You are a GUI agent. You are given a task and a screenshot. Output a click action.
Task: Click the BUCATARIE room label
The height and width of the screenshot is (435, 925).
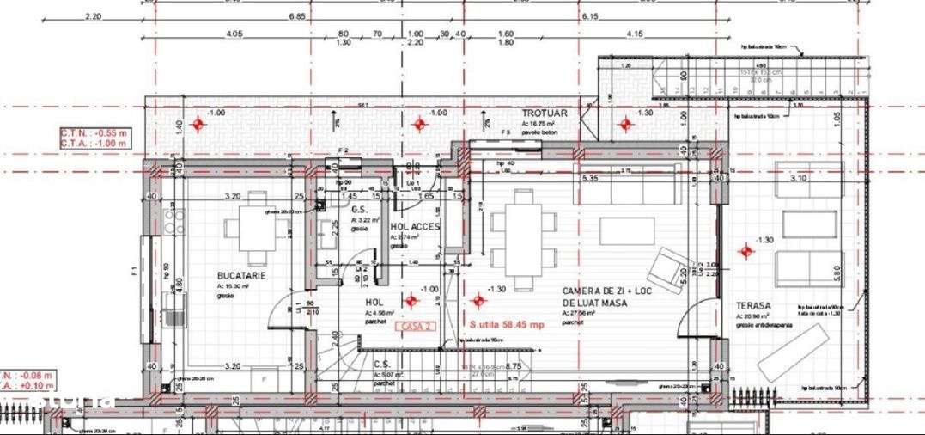pos(241,275)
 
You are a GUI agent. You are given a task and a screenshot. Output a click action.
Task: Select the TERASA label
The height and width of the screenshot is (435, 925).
pos(753,305)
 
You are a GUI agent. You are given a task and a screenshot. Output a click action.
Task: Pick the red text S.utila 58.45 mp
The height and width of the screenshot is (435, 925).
pos(507,325)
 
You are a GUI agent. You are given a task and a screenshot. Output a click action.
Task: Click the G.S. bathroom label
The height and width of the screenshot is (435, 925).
pos(359,209)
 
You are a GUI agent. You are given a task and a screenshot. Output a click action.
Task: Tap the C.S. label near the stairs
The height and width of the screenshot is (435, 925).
pos(383,364)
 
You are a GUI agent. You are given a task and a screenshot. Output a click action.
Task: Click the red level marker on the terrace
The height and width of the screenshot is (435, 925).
pos(745,251)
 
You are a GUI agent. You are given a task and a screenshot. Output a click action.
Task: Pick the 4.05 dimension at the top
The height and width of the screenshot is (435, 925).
pos(234,34)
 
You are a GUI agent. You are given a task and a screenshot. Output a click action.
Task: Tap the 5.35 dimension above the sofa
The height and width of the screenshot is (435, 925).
pos(590,179)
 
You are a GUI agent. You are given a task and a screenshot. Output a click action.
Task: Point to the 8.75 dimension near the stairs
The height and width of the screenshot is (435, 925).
pos(514,366)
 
